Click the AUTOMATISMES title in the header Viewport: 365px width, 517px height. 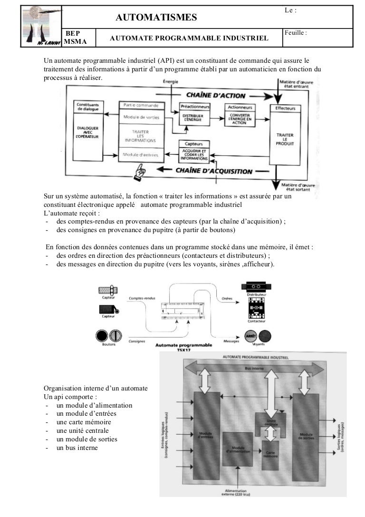coord(156,18)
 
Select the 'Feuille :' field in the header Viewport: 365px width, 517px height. coord(295,33)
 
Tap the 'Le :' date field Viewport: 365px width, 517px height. coord(290,10)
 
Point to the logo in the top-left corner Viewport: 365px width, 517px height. coord(42,26)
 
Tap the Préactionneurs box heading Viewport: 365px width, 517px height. coord(194,107)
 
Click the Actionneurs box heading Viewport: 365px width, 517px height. coord(240,107)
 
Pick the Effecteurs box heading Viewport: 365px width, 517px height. coord(285,108)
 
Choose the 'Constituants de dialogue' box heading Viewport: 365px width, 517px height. coord(87,107)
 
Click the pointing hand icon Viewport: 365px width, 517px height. coord(140,171)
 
